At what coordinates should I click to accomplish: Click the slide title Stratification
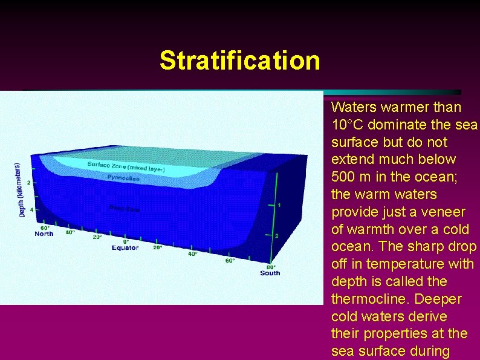coord(239,61)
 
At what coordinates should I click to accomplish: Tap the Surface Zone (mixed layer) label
coord(126,167)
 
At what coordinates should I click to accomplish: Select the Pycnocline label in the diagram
coord(123,178)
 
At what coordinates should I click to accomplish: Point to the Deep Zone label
coord(125,209)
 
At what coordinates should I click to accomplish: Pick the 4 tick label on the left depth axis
coord(31,210)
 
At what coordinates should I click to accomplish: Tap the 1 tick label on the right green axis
coord(279,205)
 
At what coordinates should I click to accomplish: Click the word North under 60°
coord(44,234)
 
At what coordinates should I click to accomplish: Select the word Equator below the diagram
coord(125,247)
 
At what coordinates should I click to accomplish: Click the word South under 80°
coord(270,273)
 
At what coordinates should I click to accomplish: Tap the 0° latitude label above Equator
coord(126,241)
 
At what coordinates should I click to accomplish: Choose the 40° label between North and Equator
coord(70,232)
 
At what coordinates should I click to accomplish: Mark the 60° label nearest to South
coord(230,261)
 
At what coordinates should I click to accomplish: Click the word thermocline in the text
coord(365,299)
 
